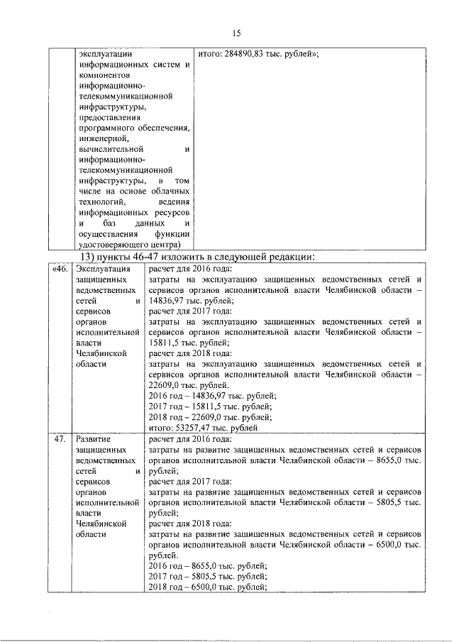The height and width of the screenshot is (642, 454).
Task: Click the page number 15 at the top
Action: [x=238, y=32]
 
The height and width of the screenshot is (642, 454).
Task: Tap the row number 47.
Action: [x=61, y=439]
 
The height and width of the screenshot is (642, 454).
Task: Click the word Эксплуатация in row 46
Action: [x=103, y=268]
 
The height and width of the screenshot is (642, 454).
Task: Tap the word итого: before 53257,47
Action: [x=162, y=428]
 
